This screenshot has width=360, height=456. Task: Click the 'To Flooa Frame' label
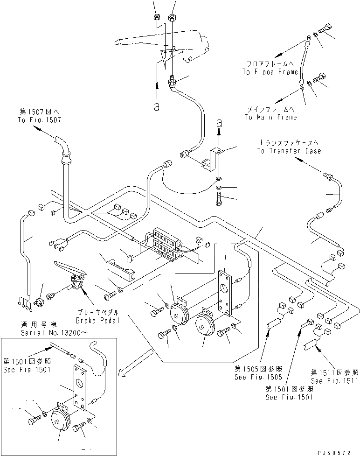tap(270, 72)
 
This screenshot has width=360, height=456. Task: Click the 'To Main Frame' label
tap(270, 118)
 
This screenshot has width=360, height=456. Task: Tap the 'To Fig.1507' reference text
tap(40, 120)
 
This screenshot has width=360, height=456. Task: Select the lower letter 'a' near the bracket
tap(220, 123)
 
